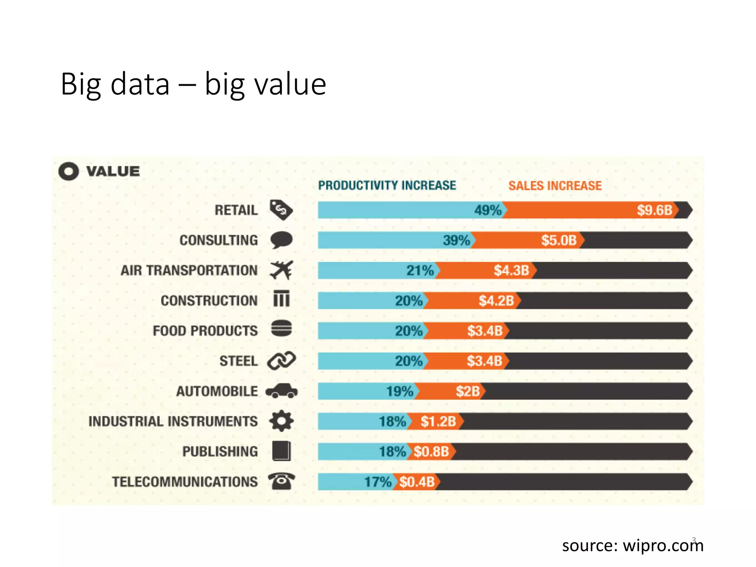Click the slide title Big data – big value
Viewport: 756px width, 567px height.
pyautogui.click(x=193, y=84)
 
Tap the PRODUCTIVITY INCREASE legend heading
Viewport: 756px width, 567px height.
pyautogui.click(x=387, y=185)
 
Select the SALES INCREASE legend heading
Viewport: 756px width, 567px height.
pyautogui.click(x=555, y=186)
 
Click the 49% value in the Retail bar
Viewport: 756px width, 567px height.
pyautogui.click(x=488, y=210)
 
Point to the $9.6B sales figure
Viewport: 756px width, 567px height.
pyautogui.click(x=654, y=210)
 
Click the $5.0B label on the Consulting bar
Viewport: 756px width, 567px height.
pyautogui.click(x=559, y=241)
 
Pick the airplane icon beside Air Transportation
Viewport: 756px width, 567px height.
pyautogui.click(x=281, y=270)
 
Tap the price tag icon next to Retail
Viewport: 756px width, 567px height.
pyautogui.click(x=281, y=210)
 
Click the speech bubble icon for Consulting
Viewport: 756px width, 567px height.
pyautogui.click(x=281, y=240)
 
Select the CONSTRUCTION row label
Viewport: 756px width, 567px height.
pyautogui.click(x=209, y=301)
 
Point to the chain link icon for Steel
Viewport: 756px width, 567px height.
pyautogui.click(x=281, y=361)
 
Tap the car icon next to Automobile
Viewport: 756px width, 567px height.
pyautogui.click(x=281, y=391)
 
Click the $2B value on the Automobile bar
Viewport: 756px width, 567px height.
pyautogui.click(x=467, y=391)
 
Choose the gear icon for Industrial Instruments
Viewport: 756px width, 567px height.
pyautogui.click(x=281, y=421)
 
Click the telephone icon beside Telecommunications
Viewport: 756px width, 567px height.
pyautogui.click(x=281, y=481)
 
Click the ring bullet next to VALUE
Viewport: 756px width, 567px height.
pyautogui.click(x=69, y=171)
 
